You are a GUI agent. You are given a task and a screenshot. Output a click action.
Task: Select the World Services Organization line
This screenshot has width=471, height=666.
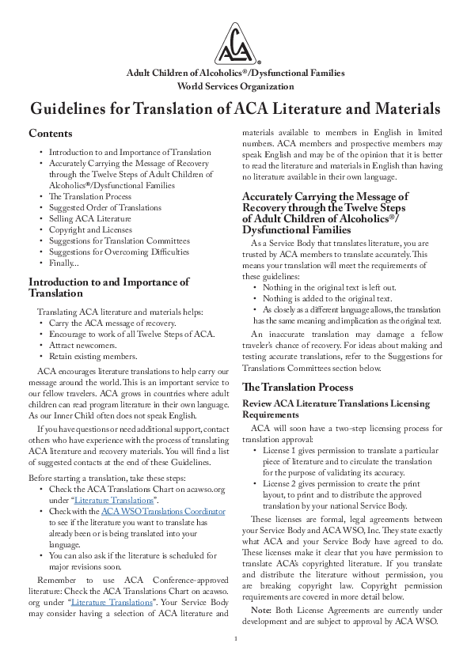[x=235, y=86]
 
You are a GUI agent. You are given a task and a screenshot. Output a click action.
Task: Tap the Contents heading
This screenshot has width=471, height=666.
[x=51, y=134]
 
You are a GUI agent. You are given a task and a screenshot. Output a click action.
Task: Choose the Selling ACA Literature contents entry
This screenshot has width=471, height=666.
[x=90, y=218]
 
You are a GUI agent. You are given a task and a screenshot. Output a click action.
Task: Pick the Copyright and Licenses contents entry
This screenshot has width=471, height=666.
[x=92, y=229]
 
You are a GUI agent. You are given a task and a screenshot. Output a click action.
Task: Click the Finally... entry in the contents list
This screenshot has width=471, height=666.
[x=64, y=263]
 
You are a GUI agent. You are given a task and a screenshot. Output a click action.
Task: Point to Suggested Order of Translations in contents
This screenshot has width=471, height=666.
[x=108, y=207]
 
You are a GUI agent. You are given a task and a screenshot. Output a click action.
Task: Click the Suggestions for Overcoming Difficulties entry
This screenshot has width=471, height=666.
[x=120, y=252]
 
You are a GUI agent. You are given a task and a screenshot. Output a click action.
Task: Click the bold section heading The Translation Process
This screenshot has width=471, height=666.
[x=298, y=388]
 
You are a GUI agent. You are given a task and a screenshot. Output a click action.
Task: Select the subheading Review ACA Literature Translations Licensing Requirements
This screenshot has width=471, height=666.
[x=335, y=409]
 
